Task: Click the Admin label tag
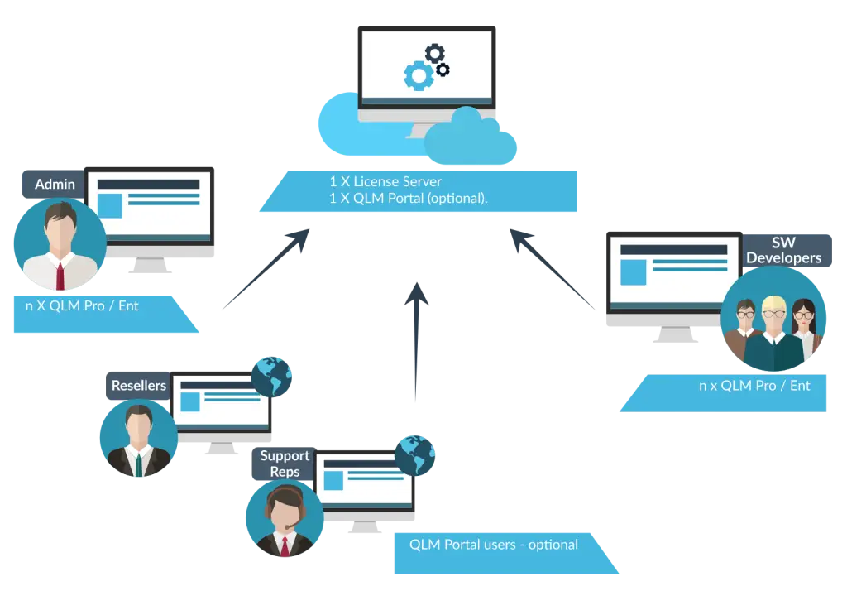click(x=54, y=184)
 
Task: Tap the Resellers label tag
click(x=138, y=386)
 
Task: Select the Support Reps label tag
click(x=285, y=464)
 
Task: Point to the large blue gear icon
click(x=419, y=75)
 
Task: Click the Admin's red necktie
click(x=60, y=276)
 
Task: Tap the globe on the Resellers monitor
click(x=271, y=377)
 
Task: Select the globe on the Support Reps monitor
click(x=415, y=455)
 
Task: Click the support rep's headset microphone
click(x=290, y=526)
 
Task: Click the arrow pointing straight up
click(x=417, y=341)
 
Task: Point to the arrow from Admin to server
click(x=266, y=269)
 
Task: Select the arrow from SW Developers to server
click(x=552, y=269)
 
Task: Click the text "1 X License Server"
click(x=385, y=181)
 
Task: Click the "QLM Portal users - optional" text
click(x=494, y=545)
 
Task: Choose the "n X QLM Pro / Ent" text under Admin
click(x=82, y=306)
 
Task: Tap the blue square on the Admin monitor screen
click(x=110, y=205)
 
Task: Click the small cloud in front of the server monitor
click(x=470, y=138)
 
